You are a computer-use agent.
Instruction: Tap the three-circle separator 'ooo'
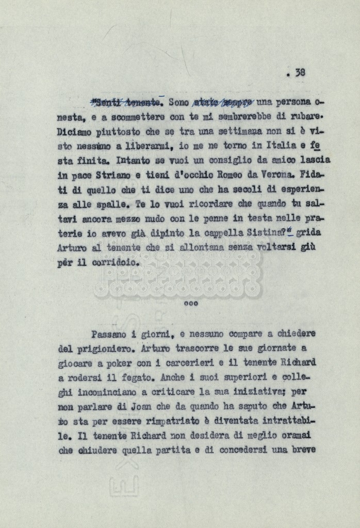[x=191, y=303]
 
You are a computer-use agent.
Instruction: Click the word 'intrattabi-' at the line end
[x=289, y=421]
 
